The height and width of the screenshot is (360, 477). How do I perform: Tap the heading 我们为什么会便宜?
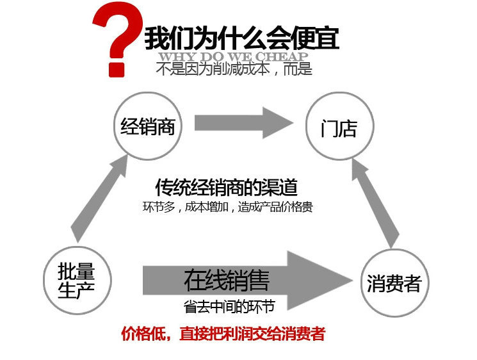tap(241, 38)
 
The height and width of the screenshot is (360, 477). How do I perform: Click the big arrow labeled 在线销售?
tap(250, 281)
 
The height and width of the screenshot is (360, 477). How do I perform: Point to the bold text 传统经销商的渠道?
tap(227, 187)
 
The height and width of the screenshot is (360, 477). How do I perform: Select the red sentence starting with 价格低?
tap(223, 334)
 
